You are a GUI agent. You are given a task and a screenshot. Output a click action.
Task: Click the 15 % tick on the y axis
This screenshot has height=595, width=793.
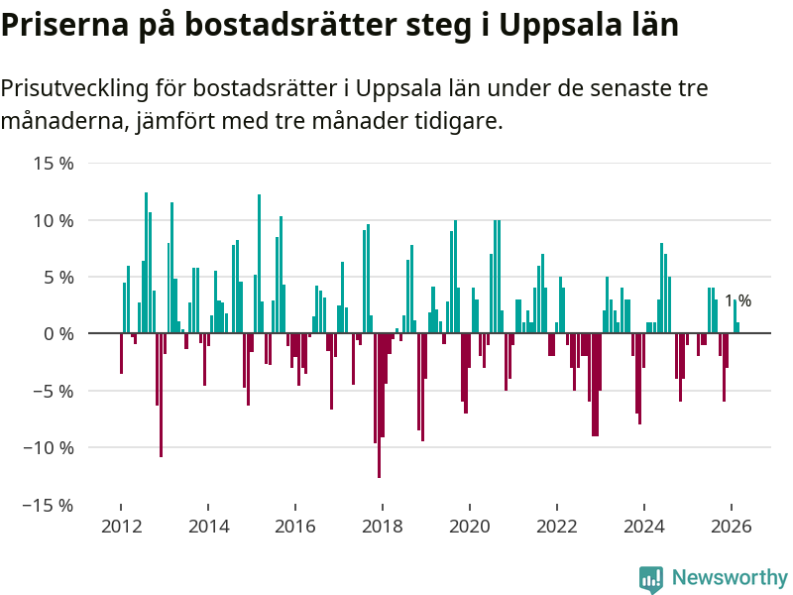pyautogui.click(x=53, y=163)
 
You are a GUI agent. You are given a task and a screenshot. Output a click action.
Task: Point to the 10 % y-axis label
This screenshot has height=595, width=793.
pyautogui.click(x=53, y=220)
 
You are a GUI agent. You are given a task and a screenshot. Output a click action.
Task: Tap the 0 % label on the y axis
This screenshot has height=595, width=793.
pyautogui.click(x=58, y=334)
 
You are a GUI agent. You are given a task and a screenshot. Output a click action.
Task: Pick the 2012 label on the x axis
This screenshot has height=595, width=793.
pyautogui.click(x=120, y=526)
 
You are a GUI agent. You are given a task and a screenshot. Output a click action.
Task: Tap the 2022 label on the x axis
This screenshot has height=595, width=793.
pyautogui.click(x=557, y=526)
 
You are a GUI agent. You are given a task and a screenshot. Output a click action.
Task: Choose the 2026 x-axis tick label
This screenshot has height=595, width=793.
pyautogui.click(x=732, y=526)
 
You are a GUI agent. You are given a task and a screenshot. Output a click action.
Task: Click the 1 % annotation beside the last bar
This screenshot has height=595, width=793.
pyautogui.click(x=737, y=300)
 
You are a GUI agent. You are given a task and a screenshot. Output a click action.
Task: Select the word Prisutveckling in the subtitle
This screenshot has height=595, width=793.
pyautogui.click(x=74, y=88)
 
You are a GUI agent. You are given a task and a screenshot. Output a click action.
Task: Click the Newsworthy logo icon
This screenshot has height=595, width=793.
pyautogui.click(x=651, y=578)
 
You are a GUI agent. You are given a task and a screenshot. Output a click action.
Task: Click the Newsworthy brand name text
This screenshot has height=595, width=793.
pyautogui.click(x=730, y=577)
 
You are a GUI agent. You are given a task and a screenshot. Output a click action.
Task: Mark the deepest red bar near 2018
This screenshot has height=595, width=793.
pyautogui.click(x=379, y=406)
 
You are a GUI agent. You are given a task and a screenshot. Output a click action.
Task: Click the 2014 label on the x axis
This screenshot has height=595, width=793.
pyautogui.click(x=207, y=526)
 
